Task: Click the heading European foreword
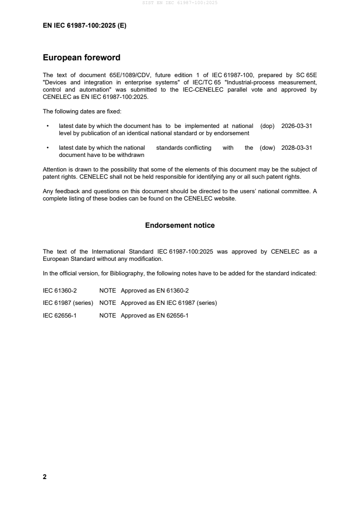pos(81,58)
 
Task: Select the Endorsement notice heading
pos(180,225)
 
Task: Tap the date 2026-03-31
pos(296,126)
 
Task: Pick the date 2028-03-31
pos(296,148)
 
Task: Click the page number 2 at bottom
pos(44,477)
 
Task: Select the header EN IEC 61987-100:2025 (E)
pos(84,26)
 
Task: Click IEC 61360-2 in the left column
pos(59,290)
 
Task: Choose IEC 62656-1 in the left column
pos(59,315)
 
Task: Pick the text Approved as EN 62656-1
pos(154,315)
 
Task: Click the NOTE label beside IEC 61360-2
pos(108,290)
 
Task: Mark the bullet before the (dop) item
pos(47,126)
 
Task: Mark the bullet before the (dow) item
pos(47,148)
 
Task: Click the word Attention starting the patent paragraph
pos(54,170)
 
